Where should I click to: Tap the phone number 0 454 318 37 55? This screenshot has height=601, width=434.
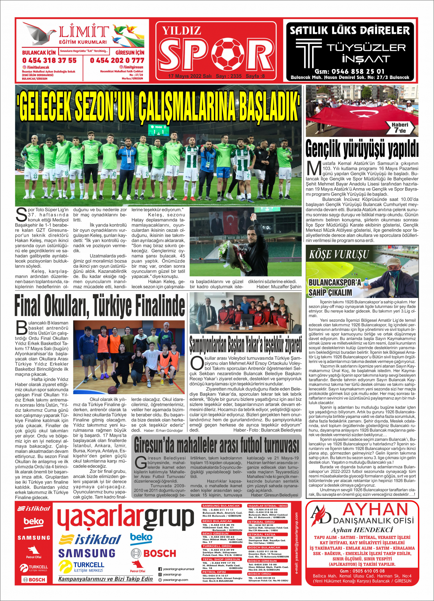coord(49,60)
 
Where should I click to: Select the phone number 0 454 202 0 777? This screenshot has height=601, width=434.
coord(117,60)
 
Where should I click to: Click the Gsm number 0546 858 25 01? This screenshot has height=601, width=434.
coord(350,71)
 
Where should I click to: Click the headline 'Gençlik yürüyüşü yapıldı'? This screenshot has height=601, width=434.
coord(362,149)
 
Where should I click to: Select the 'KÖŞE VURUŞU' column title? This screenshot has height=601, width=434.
coord(339,254)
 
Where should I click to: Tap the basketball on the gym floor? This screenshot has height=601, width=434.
coord(112,390)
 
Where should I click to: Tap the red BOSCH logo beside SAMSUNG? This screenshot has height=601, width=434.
coord(154,553)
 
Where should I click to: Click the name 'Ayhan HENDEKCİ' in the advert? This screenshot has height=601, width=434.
coord(362,530)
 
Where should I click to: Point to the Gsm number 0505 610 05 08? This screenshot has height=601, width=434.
coord(362,571)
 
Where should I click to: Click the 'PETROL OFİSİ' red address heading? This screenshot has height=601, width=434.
coord(214,572)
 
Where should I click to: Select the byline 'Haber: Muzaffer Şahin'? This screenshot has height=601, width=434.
coord(279,287)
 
